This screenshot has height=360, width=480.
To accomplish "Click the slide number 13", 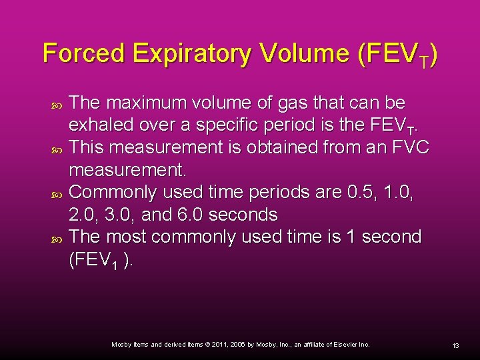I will click(456, 345).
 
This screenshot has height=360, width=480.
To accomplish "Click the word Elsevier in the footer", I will click(345, 345).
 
